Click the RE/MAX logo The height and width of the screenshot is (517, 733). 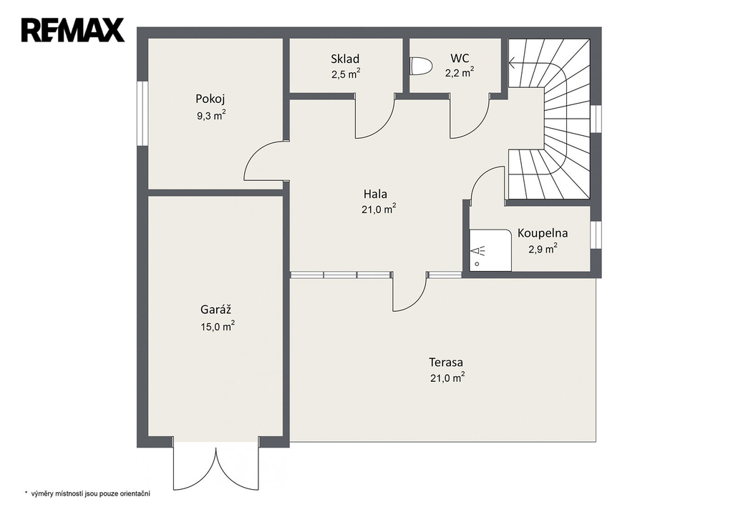[72, 30]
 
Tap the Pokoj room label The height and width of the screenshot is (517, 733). [210, 99]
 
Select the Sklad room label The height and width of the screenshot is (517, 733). [345, 59]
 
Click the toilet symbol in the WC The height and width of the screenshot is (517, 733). [420, 66]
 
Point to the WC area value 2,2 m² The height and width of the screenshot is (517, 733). [460, 72]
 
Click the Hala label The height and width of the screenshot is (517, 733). [375, 193]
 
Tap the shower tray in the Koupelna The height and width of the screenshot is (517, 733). [490, 250]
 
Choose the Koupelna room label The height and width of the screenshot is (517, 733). [543, 233]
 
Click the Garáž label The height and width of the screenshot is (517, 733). [216, 309]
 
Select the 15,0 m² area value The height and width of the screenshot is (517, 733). [218, 326]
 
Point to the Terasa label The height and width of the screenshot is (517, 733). [446, 362]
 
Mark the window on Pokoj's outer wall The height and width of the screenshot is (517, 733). [142, 113]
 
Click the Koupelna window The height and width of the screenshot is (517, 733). [596, 235]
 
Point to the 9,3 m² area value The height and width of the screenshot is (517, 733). [211, 115]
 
